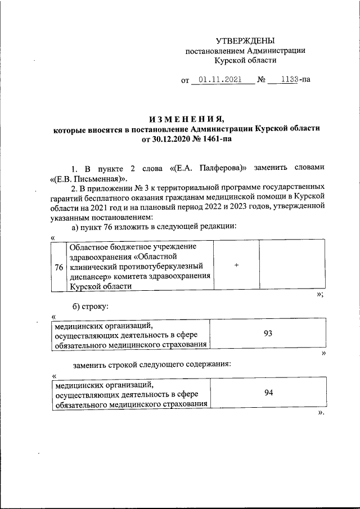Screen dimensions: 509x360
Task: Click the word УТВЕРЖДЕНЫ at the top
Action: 245,40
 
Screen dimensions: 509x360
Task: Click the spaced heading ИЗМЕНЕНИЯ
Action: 186,119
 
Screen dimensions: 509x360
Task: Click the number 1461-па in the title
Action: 216,139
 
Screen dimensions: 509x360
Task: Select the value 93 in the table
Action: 268,334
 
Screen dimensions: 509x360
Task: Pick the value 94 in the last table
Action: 268,393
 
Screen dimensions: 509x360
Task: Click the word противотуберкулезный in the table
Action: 164,266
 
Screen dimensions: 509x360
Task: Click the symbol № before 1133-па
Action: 261,80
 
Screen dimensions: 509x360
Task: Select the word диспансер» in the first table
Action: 89,276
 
